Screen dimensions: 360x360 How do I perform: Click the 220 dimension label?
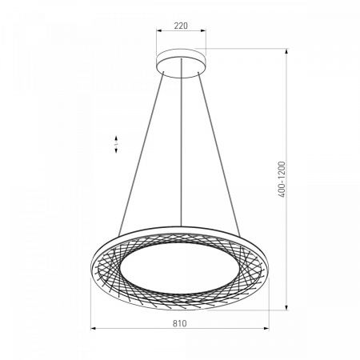tap(181, 26)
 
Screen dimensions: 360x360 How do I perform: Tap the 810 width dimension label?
tap(180, 323)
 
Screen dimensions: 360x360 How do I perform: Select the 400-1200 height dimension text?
tap(282, 179)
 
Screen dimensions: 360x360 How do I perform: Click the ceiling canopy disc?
tap(181, 63)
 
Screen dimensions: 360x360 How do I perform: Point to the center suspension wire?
tap(181, 142)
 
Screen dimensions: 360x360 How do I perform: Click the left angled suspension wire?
tap(141, 154)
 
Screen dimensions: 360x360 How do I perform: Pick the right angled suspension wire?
tap(219, 154)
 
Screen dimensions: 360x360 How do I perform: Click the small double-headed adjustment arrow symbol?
tap(116, 144)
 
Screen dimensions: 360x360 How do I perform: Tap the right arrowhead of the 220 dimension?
tap(203, 30)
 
